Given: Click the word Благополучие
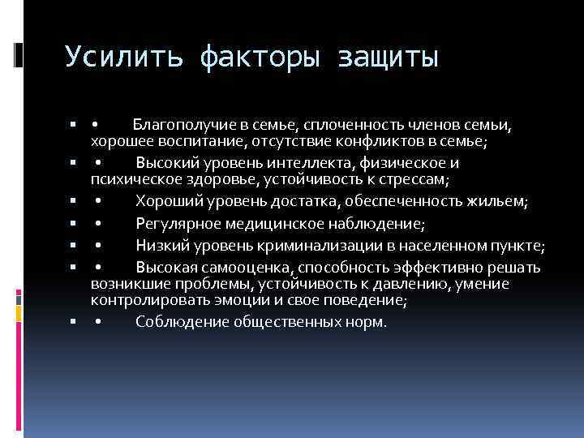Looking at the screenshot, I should (184, 125).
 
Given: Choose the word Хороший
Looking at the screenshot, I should (168, 200).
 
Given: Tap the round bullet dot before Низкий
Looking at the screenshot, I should (97, 247).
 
